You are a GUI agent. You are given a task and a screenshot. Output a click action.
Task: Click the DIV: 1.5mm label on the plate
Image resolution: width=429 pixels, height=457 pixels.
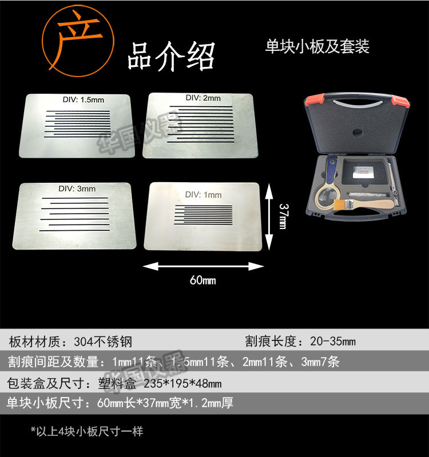click(x=84, y=100)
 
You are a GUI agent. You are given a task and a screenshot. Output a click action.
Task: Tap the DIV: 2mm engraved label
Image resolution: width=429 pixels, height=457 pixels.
click(x=203, y=98)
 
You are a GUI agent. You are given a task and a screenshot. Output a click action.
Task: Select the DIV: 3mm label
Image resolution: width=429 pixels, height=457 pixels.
click(x=77, y=189)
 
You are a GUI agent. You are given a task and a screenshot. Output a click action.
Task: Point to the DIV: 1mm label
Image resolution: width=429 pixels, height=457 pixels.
click(x=204, y=195)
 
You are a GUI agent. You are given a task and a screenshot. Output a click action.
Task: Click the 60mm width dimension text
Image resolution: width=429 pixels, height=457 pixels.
click(x=202, y=280)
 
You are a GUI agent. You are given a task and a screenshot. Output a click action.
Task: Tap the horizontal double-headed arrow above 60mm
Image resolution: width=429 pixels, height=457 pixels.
click(x=203, y=266)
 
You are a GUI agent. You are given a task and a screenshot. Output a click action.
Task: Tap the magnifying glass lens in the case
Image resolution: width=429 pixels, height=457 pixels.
click(x=325, y=200)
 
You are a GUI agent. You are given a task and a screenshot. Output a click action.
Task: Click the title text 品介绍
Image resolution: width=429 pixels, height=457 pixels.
click(x=171, y=56)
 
